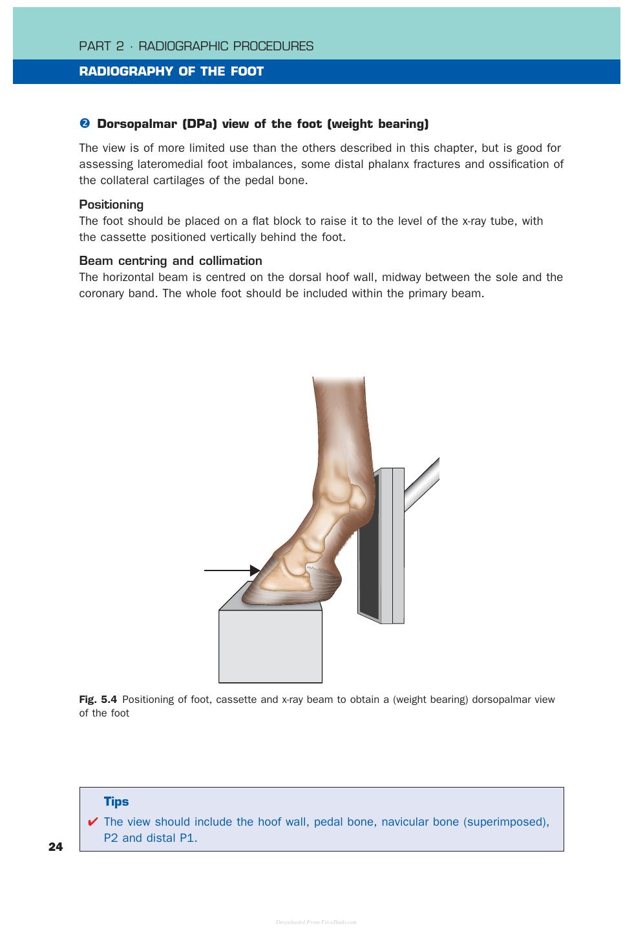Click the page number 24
[56, 846]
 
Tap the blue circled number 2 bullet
[85, 123]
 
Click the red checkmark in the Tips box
[92, 822]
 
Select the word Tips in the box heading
[116, 801]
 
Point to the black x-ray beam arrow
[232, 570]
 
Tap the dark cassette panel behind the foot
[369, 549]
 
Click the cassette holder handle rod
[421, 485]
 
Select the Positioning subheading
[111, 205]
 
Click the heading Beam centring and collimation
[171, 260]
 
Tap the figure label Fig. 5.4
[98, 699]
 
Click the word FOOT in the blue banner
[247, 71]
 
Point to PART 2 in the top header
[101, 46]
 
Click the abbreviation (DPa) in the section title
[200, 124]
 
